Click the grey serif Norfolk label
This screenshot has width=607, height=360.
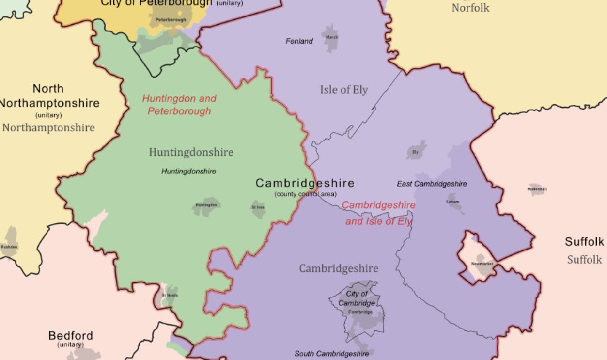470,8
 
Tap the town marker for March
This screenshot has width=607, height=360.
331,38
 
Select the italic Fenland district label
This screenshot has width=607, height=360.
299,41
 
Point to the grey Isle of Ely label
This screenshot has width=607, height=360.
343,90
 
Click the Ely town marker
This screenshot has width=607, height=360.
416,151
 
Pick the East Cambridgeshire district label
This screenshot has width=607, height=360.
432,184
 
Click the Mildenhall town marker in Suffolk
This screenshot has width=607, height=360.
537,189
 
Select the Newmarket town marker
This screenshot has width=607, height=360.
482,264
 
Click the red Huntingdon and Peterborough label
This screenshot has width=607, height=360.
179,105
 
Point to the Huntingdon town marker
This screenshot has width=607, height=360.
206,205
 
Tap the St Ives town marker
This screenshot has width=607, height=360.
258,208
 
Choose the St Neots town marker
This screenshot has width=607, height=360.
170,295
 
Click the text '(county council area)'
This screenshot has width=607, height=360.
305,194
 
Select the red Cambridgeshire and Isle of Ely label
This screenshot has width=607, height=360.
379,213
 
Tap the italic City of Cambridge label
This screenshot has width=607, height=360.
357,298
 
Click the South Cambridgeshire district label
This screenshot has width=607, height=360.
331,354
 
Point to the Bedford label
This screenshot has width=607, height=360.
70,336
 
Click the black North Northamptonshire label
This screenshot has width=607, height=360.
48,96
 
